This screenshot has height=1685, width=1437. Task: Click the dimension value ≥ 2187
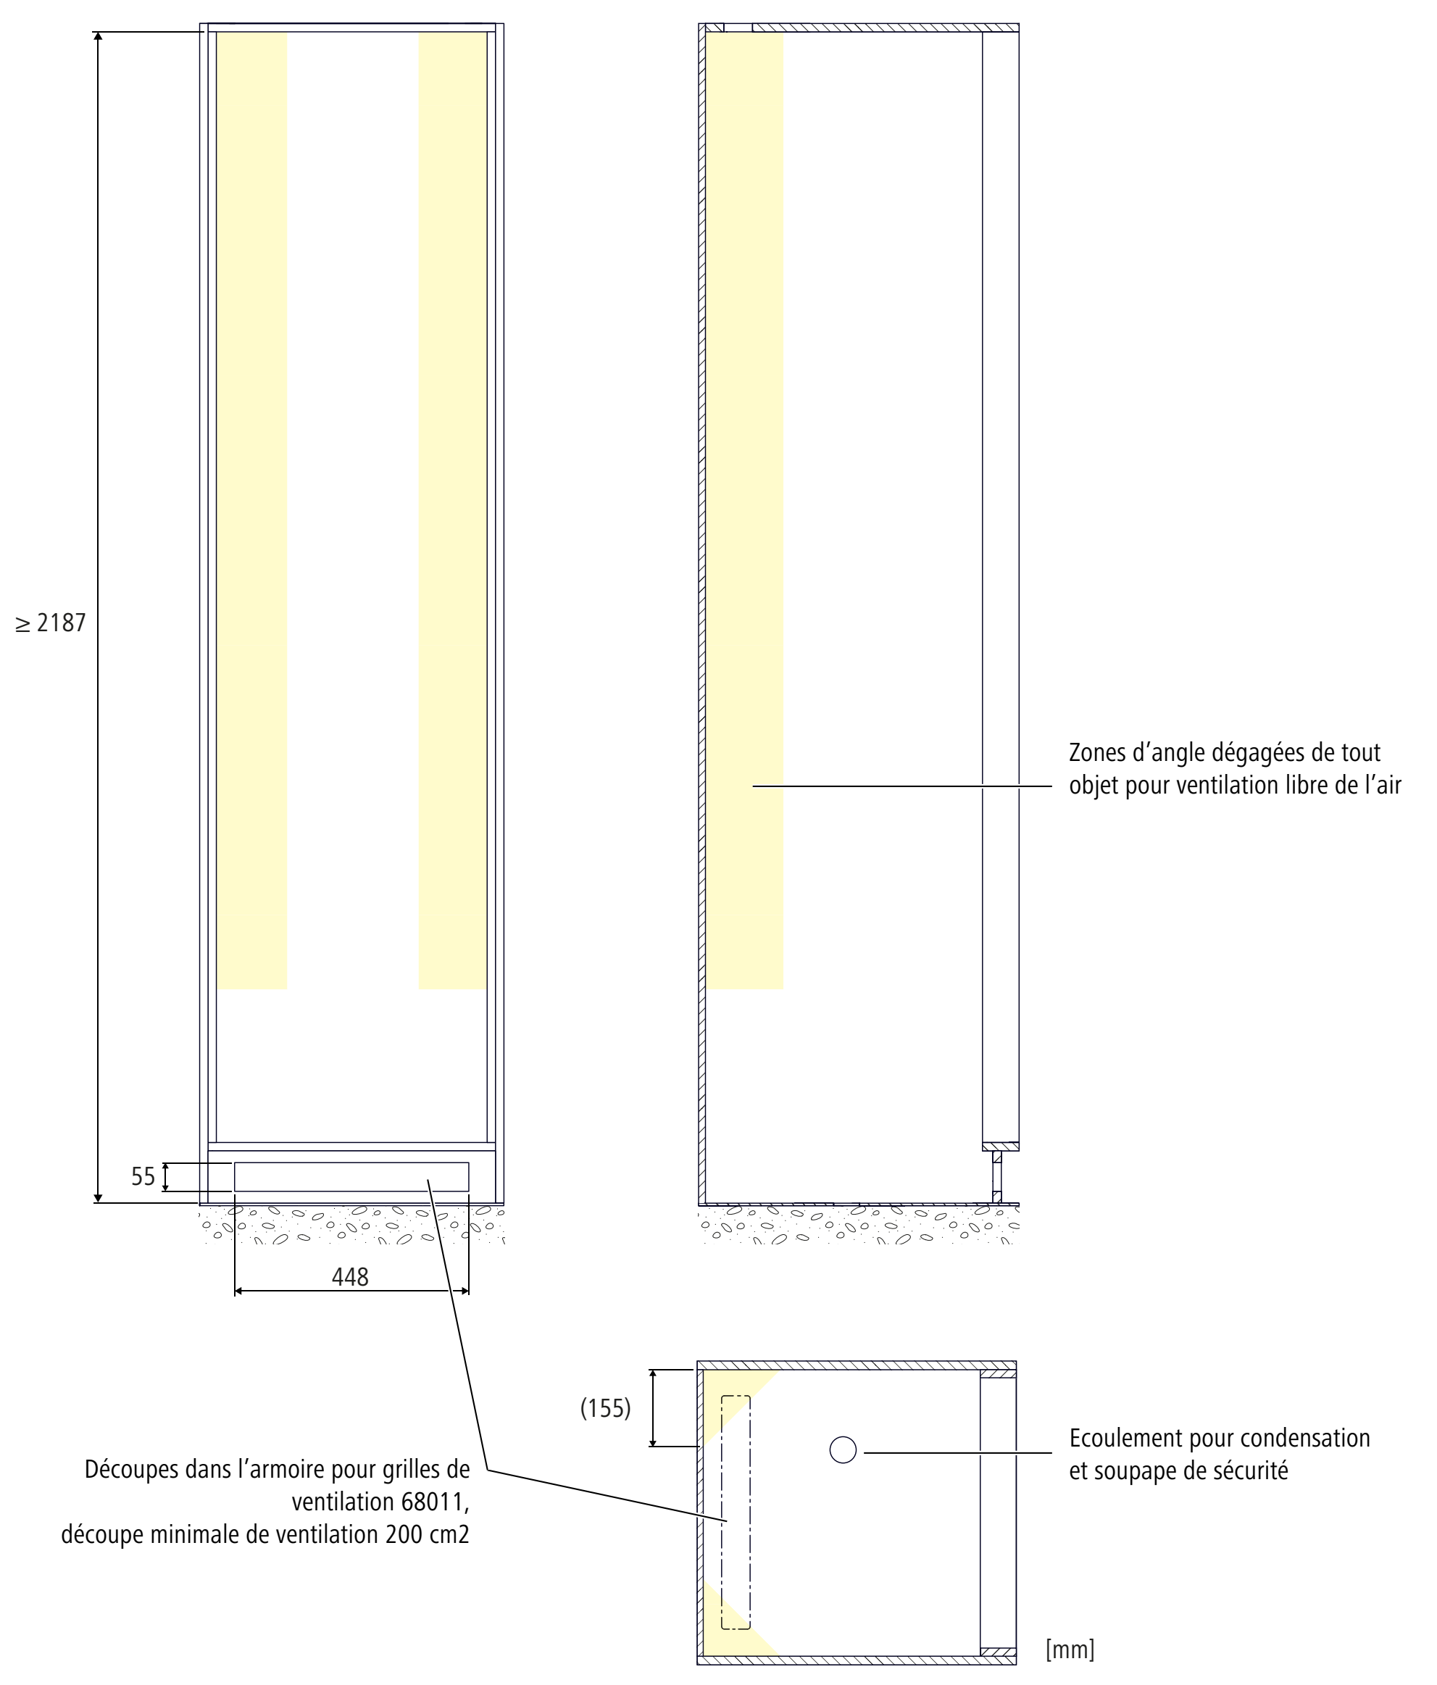(x=51, y=623)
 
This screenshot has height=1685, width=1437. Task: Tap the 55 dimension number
(x=143, y=1177)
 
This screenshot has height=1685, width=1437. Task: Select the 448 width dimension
(x=351, y=1277)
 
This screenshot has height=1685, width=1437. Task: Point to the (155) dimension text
(x=605, y=1407)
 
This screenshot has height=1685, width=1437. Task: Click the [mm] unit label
(x=1070, y=1649)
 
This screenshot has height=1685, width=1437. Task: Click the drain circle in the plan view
(x=843, y=1449)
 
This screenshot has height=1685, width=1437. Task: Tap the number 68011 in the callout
(x=433, y=1501)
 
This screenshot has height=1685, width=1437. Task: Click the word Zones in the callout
(x=1091, y=752)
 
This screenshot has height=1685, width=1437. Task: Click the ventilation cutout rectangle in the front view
(x=351, y=1177)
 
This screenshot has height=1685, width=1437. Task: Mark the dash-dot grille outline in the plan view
(x=736, y=1513)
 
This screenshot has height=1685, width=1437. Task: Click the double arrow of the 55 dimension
(x=165, y=1177)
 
